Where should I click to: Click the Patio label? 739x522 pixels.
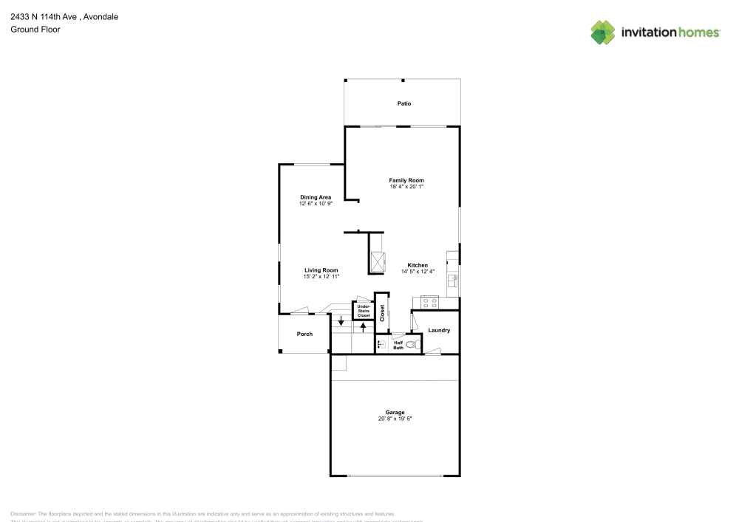403,104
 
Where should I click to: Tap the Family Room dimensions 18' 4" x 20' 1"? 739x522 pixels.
406,187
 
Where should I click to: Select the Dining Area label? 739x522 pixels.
316,197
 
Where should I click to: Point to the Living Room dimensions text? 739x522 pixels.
321,277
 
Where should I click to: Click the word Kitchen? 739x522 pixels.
418,265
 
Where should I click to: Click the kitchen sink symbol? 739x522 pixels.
454,278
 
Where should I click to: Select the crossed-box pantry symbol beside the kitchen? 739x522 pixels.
378,262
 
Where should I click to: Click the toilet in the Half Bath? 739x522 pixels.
412,344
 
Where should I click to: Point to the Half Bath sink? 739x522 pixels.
381,344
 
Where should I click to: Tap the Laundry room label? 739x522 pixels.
439,330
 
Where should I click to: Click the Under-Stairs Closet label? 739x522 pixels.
364,311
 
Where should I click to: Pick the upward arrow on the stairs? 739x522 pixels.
363,326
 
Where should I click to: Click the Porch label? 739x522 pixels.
304,334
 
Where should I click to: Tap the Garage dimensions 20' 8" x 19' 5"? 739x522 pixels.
395,419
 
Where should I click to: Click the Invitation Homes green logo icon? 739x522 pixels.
603,32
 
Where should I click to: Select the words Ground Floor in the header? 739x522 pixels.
35,30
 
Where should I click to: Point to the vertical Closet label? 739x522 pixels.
382,313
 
